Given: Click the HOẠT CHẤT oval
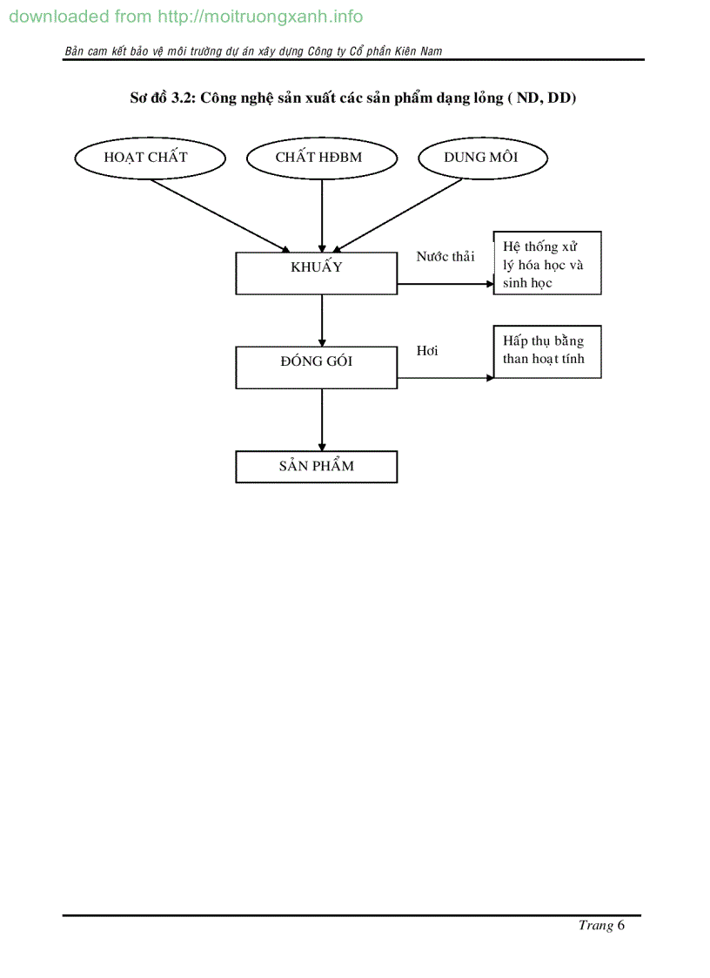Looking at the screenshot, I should tap(151, 158).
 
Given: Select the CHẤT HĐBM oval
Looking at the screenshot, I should tap(322, 158).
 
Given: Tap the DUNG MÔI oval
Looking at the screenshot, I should tap(483, 158).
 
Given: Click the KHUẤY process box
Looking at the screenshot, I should tap(317, 273).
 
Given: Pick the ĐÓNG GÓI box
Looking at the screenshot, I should tap(317, 367).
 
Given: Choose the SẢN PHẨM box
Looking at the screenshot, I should tap(317, 466).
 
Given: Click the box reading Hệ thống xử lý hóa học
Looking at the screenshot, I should tap(547, 263).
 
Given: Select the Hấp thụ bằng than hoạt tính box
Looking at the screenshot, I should tap(547, 352).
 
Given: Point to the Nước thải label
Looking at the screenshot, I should tap(445, 256).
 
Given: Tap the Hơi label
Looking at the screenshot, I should tap(427, 350).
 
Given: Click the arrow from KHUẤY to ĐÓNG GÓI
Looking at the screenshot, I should tap(322, 320).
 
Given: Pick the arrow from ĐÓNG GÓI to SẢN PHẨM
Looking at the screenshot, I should tap(322, 419).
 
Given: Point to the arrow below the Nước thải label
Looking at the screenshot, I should tap(445, 284).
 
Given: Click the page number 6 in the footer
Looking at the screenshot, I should tap(620, 925).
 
